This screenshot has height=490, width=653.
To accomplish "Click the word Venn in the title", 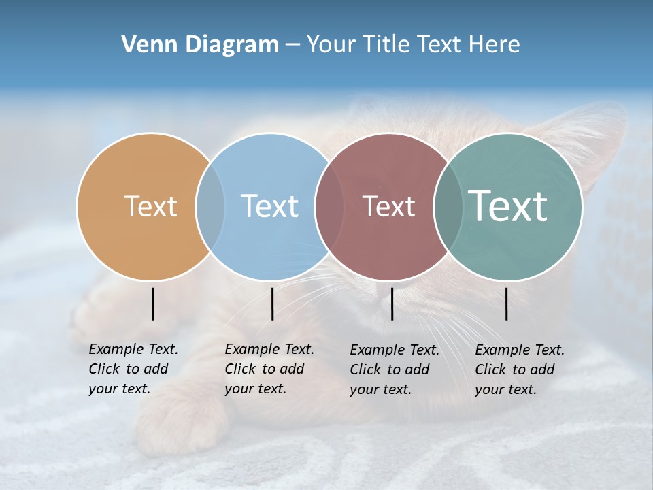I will [144, 45].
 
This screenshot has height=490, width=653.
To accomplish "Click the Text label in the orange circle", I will [150, 206].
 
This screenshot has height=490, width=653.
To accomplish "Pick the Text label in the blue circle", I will [269, 206].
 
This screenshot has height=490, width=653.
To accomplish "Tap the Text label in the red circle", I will [388, 206].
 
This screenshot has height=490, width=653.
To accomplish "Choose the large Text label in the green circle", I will [508, 206].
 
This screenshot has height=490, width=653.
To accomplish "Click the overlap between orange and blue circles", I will [210, 207].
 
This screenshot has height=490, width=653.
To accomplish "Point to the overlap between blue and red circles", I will [330, 207].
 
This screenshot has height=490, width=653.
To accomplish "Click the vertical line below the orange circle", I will [153, 304].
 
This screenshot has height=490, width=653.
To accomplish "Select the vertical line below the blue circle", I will [272, 304].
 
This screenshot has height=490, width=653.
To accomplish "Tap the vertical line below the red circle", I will [392, 304].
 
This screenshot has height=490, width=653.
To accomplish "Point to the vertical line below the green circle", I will [507, 304].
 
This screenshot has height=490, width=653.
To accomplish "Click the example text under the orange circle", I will [133, 369].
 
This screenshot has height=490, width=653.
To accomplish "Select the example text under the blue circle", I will [269, 369].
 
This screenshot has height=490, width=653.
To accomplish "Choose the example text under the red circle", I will [394, 370].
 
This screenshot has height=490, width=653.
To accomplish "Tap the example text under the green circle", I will [519, 370].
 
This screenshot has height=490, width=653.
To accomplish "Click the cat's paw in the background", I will [180, 422].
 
